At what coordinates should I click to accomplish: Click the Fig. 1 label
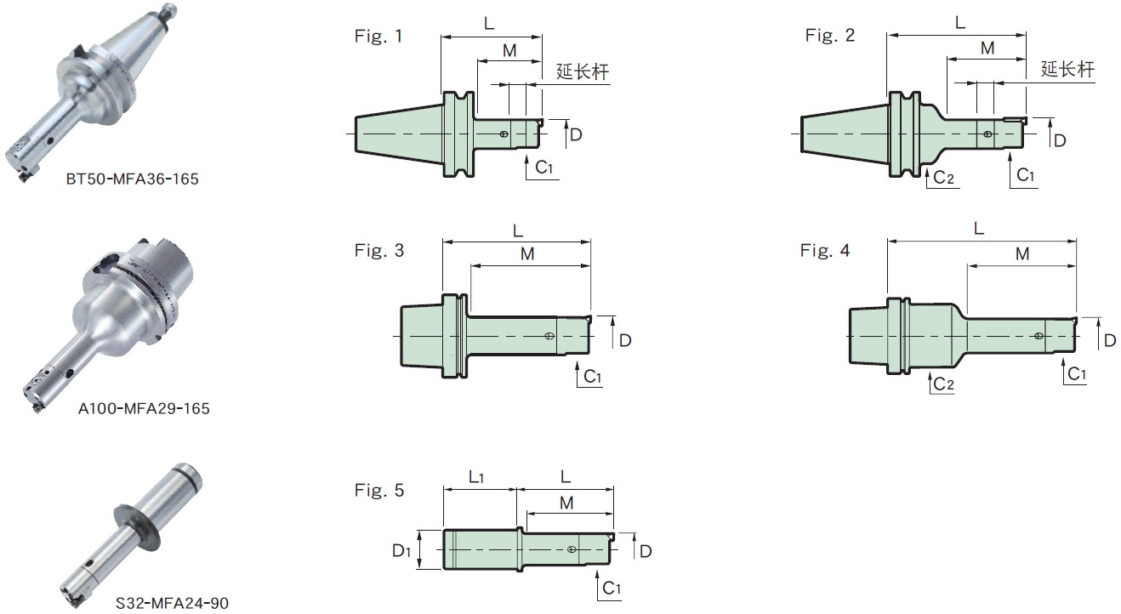pos(378,36)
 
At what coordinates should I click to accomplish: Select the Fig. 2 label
pos(830,35)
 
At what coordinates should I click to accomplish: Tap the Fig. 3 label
pos(378,251)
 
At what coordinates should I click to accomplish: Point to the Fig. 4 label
pos(824,251)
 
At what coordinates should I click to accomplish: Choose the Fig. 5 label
pos(378,491)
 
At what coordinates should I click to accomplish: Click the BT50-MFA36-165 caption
pos(132,179)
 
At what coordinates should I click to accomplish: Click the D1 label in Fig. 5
pos(401,551)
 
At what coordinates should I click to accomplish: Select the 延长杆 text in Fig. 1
pos(583,72)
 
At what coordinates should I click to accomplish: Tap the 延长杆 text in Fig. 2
pos(1067,70)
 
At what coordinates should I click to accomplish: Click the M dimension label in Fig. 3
pos(527,253)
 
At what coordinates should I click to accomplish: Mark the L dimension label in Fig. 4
pos(979,228)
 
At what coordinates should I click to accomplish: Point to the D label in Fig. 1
pos(576,134)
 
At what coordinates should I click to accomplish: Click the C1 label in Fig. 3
pos(593,377)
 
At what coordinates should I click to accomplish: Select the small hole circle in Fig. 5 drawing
pos(572,549)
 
